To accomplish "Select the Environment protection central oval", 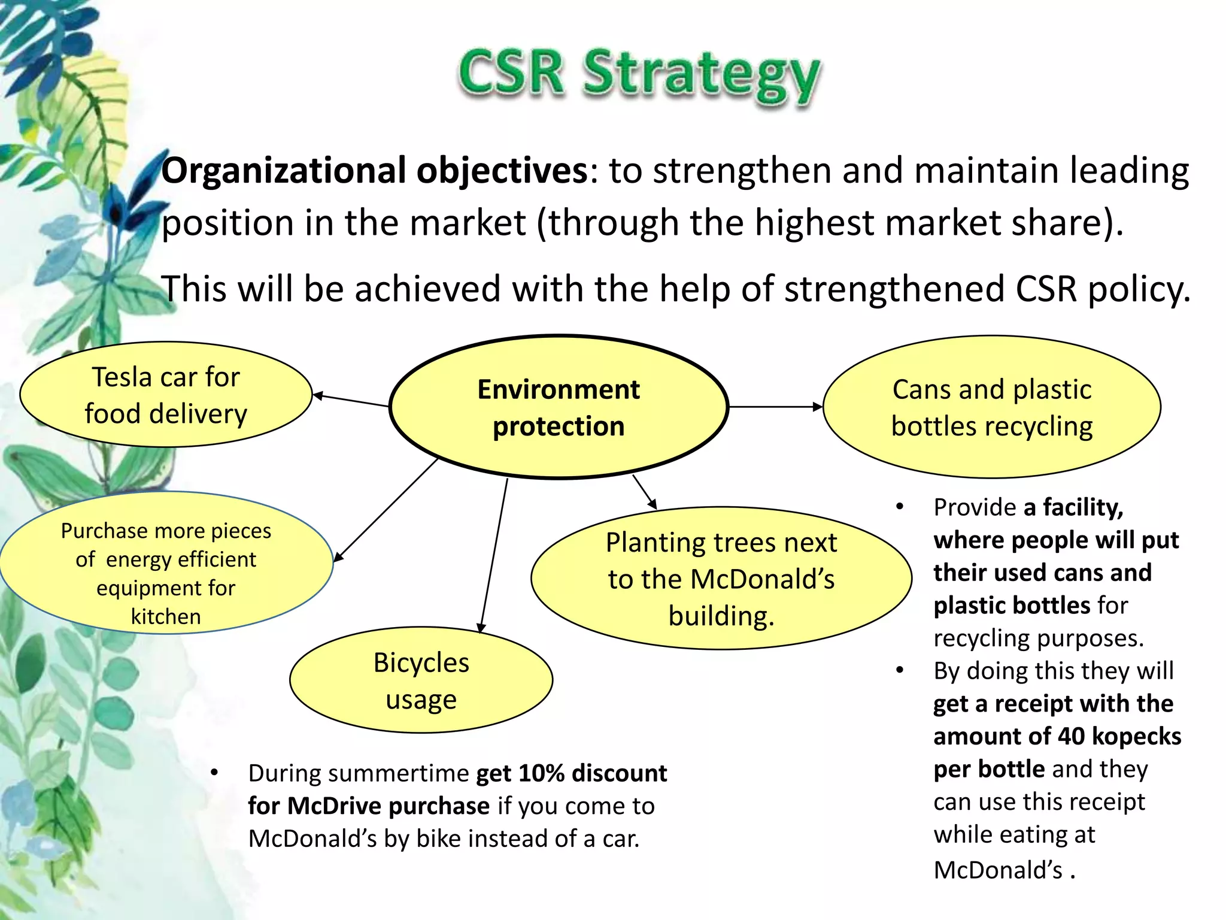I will pos(559,407).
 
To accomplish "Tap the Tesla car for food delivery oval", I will pos(166,395).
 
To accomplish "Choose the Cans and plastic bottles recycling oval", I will pos(991,407).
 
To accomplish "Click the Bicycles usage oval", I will pos(421,680).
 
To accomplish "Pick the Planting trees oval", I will pos(721,579).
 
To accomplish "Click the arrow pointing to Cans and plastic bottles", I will pos(775,407).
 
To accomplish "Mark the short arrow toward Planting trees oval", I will pos(645,492).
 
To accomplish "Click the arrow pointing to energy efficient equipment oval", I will pos(386,509).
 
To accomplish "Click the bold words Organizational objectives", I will pos(375,171).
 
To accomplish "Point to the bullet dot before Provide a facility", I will pos(899,507).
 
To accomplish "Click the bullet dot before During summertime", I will pos(214,773).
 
